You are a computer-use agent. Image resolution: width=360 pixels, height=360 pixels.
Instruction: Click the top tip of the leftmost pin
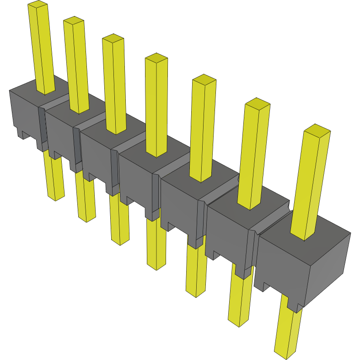tap(38, 4)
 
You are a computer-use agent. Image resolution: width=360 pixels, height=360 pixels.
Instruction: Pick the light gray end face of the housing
tap(329, 268)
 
